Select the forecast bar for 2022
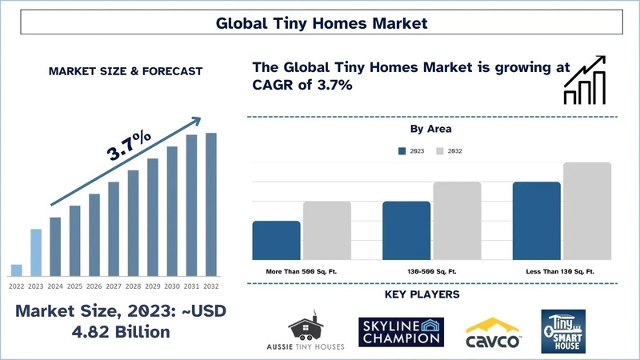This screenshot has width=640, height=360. pyautogui.click(x=16, y=270)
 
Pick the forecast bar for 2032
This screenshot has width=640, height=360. pyautogui.click(x=211, y=204)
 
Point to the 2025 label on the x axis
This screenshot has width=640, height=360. pyautogui.click(x=74, y=285)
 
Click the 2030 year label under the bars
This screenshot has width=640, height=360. pyautogui.click(x=172, y=285)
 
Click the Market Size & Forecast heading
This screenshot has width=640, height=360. pyautogui.click(x=126, y=71)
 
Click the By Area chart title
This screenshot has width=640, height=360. pyautogui.click(x=432, y=128)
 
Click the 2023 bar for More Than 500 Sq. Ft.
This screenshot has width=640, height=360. pyautogui.click(x=276, y=240)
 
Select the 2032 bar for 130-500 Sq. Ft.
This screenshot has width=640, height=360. pyautogui.click(x=457, y=221)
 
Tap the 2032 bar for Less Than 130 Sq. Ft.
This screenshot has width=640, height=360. pyautogui.click(x=587, y=211)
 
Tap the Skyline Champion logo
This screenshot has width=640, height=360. pyautogui.click(x=401, y=330)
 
